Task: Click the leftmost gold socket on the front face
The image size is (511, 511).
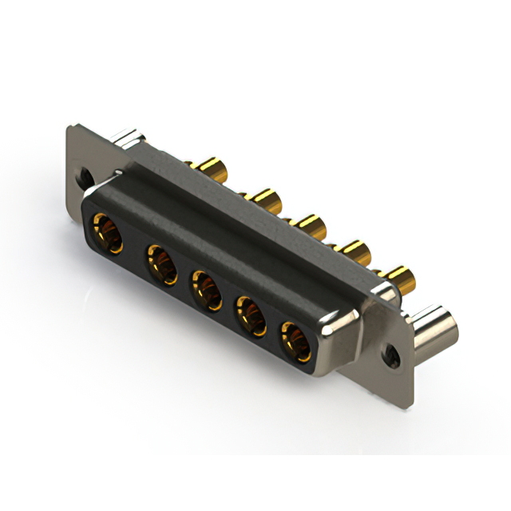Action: tap(105, 234)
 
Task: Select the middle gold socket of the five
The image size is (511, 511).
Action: tap(205, 290)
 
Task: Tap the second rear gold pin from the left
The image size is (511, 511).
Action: tap(263, 199)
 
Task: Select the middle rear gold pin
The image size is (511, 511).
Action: tap(308, 226)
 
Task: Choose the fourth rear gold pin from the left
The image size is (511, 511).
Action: tap(353, 254)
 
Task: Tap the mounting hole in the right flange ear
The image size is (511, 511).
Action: tap(391, 351)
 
